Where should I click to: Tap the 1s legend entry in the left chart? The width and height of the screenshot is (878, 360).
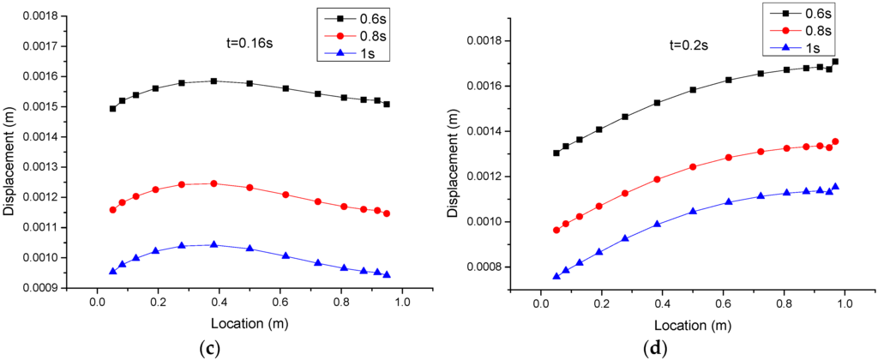(x=350, y=51)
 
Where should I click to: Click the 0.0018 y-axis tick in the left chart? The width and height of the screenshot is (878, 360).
(x=56, y=16)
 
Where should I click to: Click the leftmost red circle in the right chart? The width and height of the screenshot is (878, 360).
(x=556, y=230)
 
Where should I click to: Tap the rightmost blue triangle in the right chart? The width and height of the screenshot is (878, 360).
(x=835, y=186)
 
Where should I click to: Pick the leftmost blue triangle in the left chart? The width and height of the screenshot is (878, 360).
(x=112, y=271)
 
